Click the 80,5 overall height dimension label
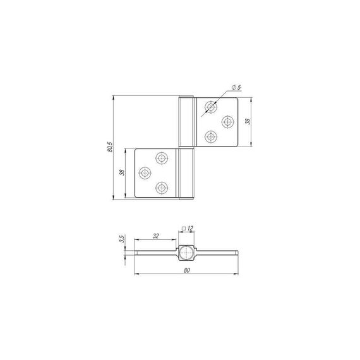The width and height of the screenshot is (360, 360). click(x=110, y=147)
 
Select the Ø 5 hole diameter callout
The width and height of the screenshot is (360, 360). click(x=236, y=88)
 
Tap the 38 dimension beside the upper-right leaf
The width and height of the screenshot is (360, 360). click(x=248, y=121)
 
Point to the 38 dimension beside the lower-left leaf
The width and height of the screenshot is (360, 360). click(x=122, y=172)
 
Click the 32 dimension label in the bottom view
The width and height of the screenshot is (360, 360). click(x=155, y=236)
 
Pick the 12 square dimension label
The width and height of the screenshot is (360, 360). click(x=190, y=228)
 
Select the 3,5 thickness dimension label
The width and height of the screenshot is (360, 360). click(x=122, y=239)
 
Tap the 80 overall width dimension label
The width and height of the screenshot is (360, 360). click(x=187, y=270)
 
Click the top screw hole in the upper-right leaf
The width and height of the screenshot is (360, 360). click(x=211, y=107)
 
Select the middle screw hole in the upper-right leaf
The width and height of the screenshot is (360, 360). click(x=228, y=122)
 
